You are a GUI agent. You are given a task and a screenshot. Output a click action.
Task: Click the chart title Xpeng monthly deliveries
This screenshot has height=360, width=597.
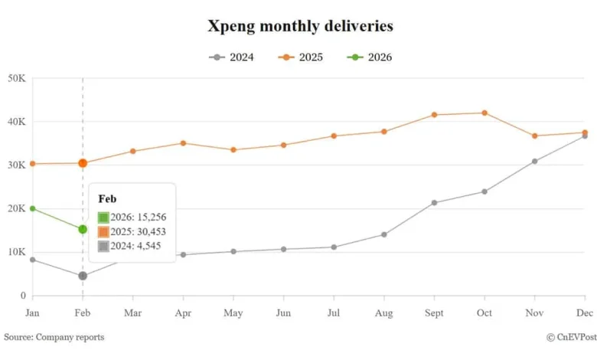click(x=300, y=26)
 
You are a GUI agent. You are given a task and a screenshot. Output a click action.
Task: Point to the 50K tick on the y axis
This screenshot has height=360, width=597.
click(x=15, y=78)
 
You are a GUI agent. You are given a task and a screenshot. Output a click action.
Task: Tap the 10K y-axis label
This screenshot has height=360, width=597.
click(x=15, y=252)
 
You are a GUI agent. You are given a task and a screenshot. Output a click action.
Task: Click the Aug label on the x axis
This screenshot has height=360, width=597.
click(x=383, y=313)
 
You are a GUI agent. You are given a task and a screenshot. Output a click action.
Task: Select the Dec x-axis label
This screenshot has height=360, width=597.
click(x=585, y=313)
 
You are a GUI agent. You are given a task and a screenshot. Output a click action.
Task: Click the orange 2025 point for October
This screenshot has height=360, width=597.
click(x=484, y=113)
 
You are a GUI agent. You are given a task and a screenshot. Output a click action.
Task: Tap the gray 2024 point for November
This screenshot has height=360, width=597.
click(x=534, y=162)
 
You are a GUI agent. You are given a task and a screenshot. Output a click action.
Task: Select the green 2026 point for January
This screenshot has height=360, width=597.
click(x=32, y=208)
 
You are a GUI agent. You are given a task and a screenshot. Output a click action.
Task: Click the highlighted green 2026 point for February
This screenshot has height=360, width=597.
click(x=83, y=229)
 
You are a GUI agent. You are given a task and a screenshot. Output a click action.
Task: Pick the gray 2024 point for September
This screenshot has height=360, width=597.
click(x=434, y=203)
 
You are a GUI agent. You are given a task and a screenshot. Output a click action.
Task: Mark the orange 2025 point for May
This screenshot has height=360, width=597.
click(x=233, y=150)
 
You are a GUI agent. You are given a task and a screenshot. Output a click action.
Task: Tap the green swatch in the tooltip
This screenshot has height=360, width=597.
click(x=103, y=218)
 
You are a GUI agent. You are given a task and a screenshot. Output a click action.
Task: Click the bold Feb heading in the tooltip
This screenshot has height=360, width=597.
click(x=107, y=199)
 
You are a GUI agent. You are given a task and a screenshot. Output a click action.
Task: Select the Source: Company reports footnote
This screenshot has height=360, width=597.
click(x=54, y=337)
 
